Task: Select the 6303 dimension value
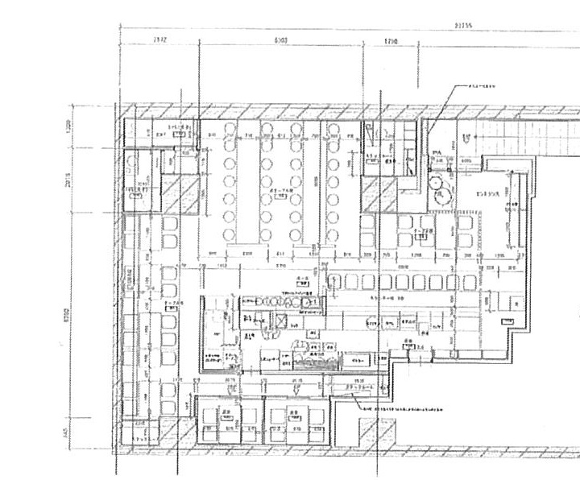click(x=281, y=39)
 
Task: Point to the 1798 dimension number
click(x=391, y=39)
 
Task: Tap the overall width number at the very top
click(x=463, y=25)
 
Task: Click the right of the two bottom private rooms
click(x=296, y=420)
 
